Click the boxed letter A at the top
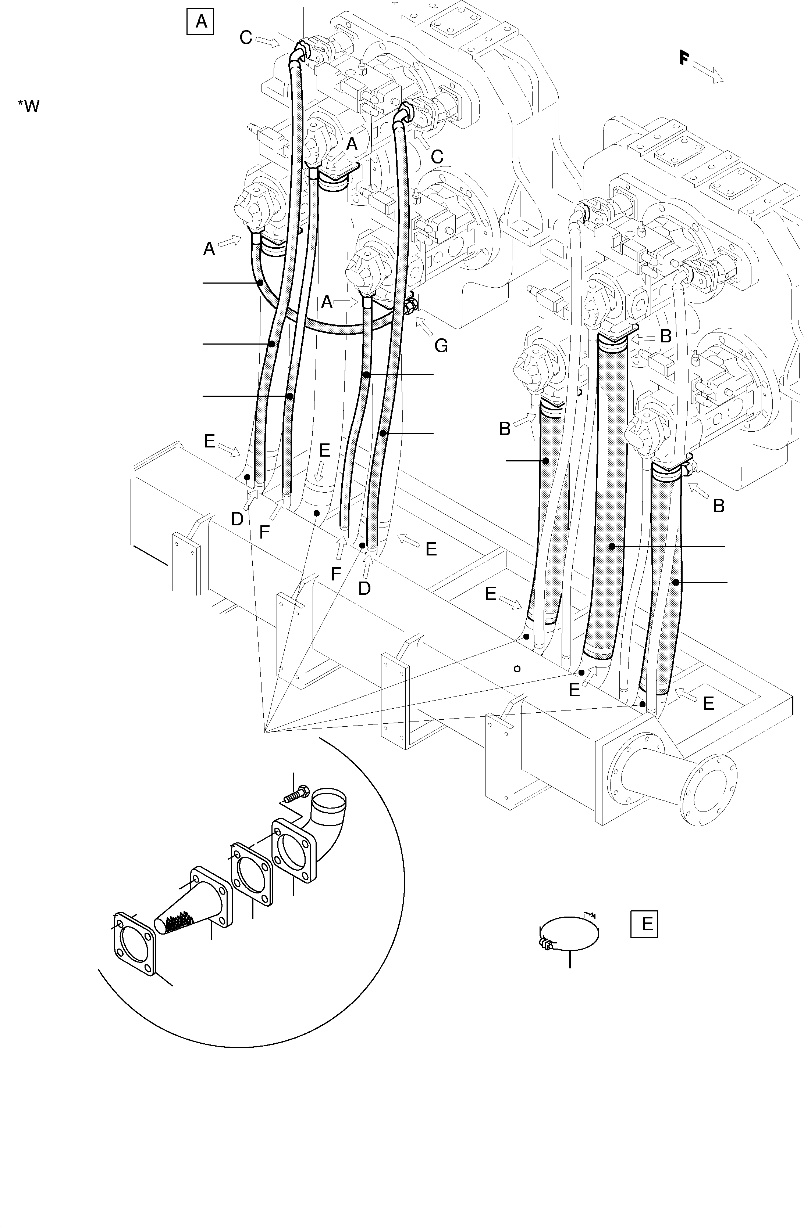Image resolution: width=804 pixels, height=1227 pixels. tap(200, 22)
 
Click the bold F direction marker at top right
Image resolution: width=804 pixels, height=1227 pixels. tap(684, 57)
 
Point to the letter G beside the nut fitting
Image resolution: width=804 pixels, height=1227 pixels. tap(441, 345)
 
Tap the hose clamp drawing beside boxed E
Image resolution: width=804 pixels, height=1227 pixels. tap(568, 933)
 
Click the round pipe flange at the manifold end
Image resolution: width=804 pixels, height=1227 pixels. tap(709, 789)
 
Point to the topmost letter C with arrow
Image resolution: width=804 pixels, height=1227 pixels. tap(246, 37)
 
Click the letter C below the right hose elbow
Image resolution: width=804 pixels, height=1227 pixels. tap(437, 157)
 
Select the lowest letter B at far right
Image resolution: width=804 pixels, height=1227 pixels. tap(718, 506)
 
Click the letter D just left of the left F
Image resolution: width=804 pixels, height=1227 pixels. tap(237, 519)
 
